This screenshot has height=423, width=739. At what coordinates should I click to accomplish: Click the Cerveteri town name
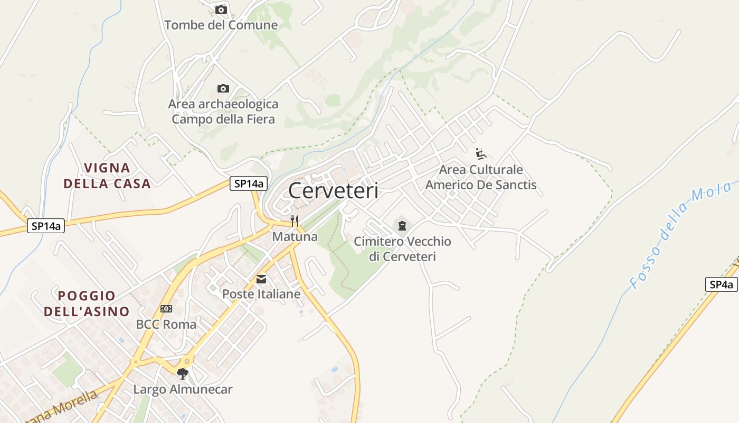(x=333, y=191)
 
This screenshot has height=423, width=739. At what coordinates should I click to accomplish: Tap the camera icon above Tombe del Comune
(x=221, y=10)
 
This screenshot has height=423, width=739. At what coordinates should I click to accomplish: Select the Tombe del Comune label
(x=221, y=25)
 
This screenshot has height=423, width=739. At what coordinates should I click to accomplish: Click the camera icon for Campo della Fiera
(x=223, y=88)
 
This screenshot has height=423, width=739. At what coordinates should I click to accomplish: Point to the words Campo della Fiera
(x=223, y=119)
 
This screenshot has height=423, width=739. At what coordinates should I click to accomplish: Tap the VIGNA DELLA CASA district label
(x=107, y=176)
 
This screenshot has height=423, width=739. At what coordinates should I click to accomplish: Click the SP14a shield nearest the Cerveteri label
(x=249, y=183)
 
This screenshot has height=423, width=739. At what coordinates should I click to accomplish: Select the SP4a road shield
(x=721, y=284)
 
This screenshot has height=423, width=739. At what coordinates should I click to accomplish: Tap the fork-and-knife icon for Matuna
(x=295, y=221)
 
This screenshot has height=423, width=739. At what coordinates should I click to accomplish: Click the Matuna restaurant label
(x=295, y=236)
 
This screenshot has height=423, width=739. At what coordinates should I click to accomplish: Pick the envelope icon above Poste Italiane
(x=261, y=279)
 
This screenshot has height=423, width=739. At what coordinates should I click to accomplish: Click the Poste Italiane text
(x=261, y=294)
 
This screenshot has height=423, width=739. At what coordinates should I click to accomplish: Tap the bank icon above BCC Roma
(x=166, y=309)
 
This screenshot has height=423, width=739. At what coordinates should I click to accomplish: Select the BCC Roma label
(x=166, y=324)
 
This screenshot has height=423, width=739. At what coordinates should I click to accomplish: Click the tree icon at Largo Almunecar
(x=183, y=374)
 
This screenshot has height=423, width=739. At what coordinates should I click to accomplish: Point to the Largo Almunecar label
(x=183, y=390)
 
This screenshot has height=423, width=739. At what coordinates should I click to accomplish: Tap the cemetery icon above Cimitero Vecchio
(x=402, y=226)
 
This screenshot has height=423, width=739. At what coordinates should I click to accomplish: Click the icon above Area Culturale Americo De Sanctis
(x=481, y=154)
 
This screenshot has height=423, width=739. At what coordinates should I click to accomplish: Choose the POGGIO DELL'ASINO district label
(x=87, y=303)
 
